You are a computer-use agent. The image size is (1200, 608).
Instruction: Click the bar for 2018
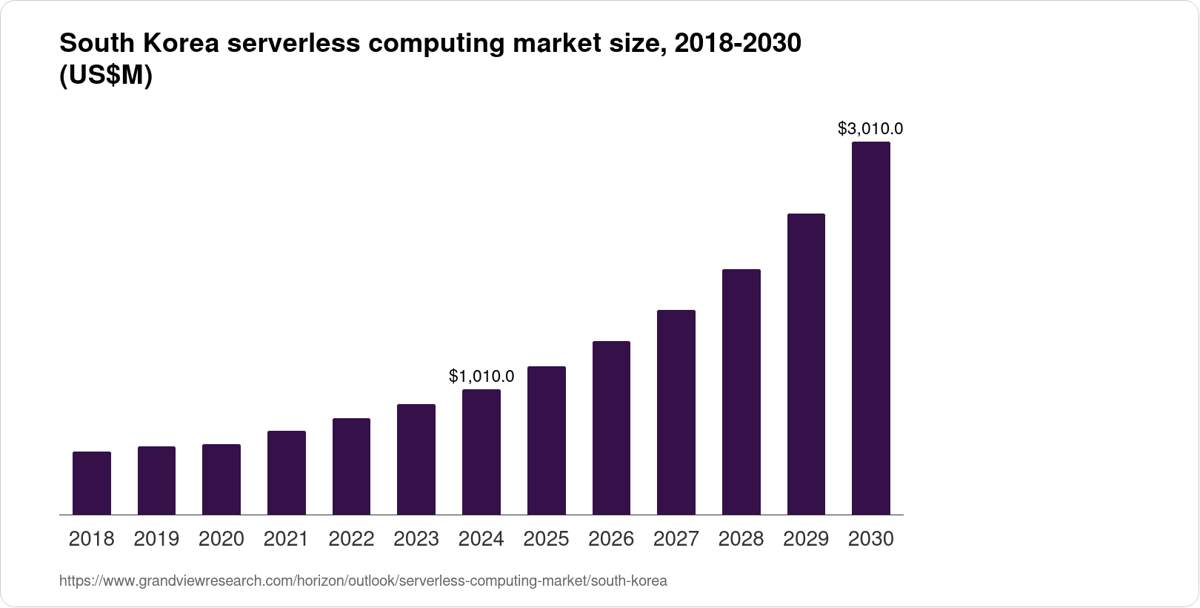(92, 483)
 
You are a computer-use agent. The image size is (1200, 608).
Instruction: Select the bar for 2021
(287, 472)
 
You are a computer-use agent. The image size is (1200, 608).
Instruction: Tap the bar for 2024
(481, 452)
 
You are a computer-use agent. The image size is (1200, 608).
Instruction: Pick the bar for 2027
(676, 412)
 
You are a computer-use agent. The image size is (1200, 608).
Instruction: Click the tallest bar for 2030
(871, 328)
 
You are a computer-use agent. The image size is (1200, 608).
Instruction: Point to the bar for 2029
(806, 364)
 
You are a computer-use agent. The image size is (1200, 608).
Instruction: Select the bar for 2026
(611, 428)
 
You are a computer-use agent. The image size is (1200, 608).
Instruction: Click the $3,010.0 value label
(870, 129)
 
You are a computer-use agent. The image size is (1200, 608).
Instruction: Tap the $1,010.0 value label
(481, 377)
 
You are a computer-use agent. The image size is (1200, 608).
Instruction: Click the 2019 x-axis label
(156, 539)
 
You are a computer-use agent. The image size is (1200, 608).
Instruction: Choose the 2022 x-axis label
(351, 539)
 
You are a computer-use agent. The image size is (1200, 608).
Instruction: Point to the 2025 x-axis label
(546, 539)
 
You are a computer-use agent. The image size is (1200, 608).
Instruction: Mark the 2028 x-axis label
(741, 539)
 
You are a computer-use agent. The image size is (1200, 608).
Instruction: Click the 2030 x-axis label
(871, 539)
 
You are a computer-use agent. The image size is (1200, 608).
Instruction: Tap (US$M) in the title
(105, 76)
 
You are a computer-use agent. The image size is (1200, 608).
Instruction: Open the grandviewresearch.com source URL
(363, 581)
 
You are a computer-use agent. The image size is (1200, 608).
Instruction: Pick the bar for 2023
(416, 459)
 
